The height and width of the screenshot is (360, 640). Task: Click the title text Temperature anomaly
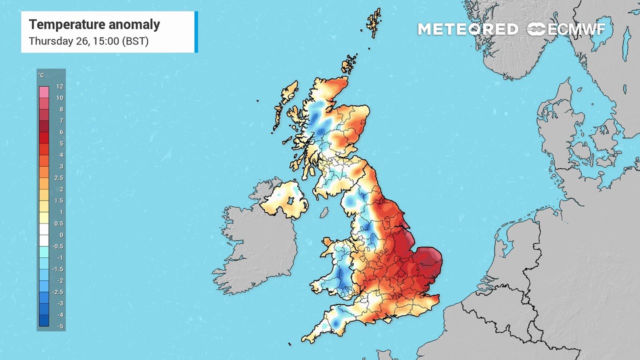coord(94,24)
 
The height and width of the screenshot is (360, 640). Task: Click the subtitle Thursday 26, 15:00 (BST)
coord(88,41)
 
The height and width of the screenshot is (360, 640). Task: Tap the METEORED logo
coord(468,29)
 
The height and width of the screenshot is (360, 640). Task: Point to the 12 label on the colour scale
coord(60,86)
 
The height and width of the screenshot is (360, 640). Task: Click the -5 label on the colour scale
coord(60,326)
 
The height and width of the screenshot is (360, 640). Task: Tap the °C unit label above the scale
coord(41,75)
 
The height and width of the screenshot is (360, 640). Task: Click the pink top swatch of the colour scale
coord(44,92)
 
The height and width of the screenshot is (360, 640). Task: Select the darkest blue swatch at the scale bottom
coord(44,321)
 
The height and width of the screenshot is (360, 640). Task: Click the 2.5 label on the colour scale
coord(59,178)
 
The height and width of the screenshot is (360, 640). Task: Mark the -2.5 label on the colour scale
coord(58,292)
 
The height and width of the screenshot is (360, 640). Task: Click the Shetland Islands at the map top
coord(373,22)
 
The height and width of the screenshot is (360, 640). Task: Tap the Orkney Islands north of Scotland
coord(348,64)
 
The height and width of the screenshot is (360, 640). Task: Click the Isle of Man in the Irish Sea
coord(324,213)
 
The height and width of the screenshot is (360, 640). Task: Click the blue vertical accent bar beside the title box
coord(196,32)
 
